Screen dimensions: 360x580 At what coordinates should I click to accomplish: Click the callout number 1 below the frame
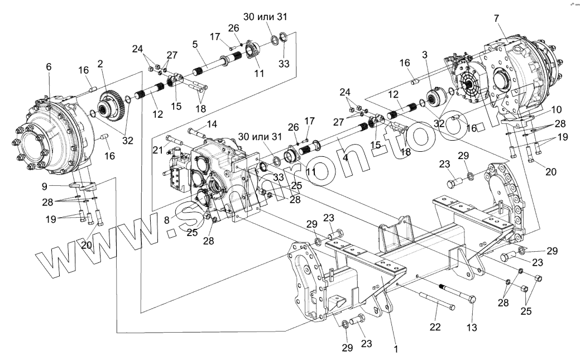[x=396, y=349]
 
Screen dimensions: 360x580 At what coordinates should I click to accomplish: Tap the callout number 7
[x=496, y=18]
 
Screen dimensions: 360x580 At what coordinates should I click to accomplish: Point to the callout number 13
[x=472, y=328]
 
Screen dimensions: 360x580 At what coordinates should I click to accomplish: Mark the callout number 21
[x=157, y=150]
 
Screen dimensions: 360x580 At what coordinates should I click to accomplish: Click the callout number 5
[x=195, y=43]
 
